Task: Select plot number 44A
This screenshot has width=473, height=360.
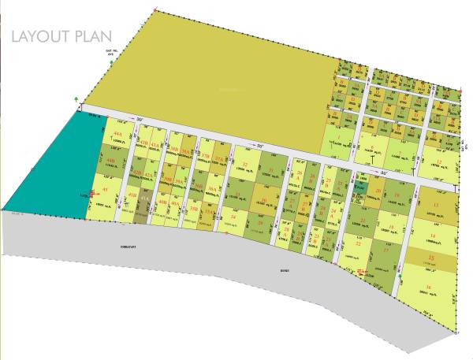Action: [x=117, y=135]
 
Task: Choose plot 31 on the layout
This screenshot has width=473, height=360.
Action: [x=271, y=170]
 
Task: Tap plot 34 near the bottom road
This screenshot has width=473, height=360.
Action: [x=234, y=215]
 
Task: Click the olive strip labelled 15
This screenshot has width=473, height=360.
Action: [x=430, y=258]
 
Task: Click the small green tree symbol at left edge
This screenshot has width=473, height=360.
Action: [x=76, y=98]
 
